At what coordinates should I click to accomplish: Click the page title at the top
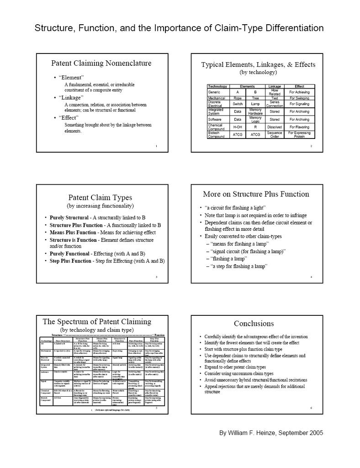pos(180,28)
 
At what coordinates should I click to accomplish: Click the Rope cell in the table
pos(238,98)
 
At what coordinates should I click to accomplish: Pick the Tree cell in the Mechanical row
pos(255,98)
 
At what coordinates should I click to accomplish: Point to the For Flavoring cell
pos(299,127)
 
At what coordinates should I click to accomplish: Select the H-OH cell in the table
pos(238,127)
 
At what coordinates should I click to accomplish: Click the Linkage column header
pos(275,86)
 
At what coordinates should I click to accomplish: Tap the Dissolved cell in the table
pos(275,127)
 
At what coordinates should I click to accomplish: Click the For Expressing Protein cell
pos(299,134)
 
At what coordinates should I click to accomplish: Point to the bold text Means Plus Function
pos(71,232)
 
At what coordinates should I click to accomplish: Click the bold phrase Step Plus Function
pos(70,261)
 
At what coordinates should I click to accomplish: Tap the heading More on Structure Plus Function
pos(256,194)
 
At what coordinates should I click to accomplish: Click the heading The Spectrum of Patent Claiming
pos(97,321)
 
